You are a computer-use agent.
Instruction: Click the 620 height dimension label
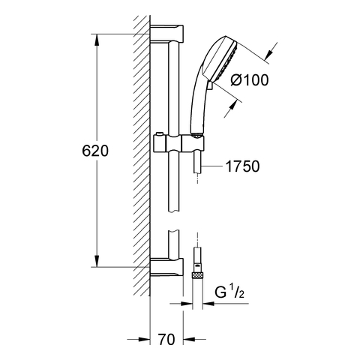pos(95,151)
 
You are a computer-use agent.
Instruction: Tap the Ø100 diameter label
pos(250,80)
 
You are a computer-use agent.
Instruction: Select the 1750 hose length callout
pos(242,166)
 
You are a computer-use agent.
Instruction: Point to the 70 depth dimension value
pos(166,339)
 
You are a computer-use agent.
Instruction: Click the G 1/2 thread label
pos(229,292)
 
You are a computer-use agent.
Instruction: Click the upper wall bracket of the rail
pos(167,33)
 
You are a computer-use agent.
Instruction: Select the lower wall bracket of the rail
pos(167,267)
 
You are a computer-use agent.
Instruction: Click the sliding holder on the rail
pos(178,143)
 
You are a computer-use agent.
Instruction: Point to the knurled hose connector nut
pos(197,276)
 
